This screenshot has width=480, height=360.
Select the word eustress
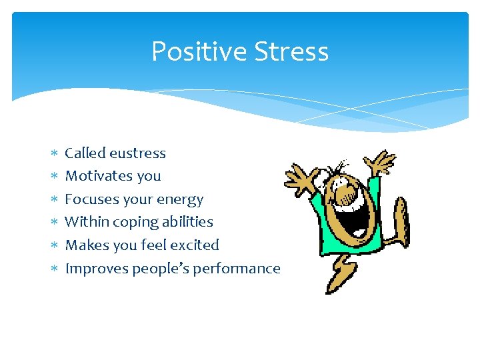tap(138, 153)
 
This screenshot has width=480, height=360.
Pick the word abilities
tap(189, 222)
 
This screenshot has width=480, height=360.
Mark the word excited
tap(194, 245)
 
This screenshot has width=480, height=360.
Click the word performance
tap(243, 269)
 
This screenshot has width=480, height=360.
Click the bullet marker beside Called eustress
tap(55, 153)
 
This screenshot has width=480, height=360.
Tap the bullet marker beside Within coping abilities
tap(55, 222)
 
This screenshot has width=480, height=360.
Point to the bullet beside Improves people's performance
tap(55, 269)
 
